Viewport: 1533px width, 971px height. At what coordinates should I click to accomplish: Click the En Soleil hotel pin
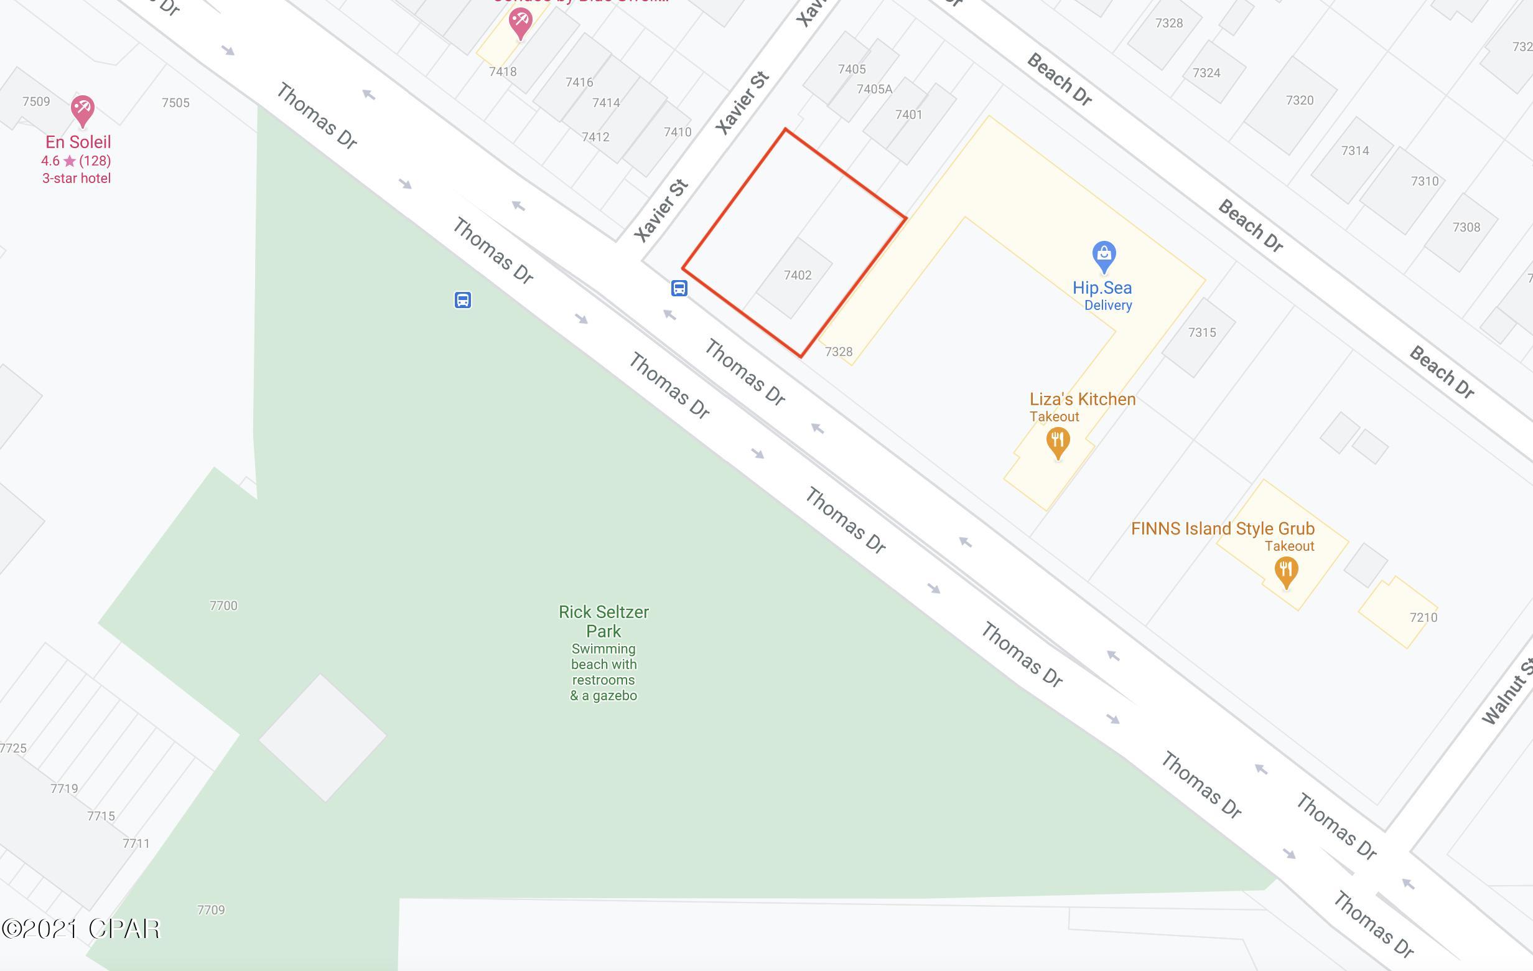(x=82, y=110)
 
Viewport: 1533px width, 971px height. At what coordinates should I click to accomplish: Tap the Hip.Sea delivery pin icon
(x=1103, y=256)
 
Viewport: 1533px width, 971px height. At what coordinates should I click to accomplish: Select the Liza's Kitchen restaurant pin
(x=1058, y=441)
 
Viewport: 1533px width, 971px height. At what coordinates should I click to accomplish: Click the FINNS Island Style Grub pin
(x=1286, y=571)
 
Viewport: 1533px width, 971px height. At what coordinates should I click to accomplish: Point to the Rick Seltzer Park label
(x=603, y=621)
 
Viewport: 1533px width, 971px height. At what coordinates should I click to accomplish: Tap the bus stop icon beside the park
(x=463, y=300)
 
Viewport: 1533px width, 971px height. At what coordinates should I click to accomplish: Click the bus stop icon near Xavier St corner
(x=679, y=288)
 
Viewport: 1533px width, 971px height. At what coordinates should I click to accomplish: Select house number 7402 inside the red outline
(x=798, y=275)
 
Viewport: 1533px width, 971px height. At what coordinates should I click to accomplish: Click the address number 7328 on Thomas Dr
(x=839, y=352)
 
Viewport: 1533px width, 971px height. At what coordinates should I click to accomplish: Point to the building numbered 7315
(x=1201, y=332)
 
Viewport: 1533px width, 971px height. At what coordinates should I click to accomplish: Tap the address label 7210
(x=1423, y=617)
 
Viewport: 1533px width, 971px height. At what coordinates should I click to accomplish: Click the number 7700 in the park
(x=223, y=606)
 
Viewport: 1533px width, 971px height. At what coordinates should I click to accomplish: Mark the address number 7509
(x=36, y=101)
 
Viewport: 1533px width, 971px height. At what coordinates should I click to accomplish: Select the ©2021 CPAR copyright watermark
(x=80, y=929)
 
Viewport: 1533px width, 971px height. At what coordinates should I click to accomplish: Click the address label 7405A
(x=874, y=89)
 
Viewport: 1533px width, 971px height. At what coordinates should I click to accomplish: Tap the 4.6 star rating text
(x=76, y=161)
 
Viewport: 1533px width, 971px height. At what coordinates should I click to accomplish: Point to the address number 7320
(x=1299, y=100)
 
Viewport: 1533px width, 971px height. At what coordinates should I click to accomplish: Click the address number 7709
(x=211, y=910)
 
